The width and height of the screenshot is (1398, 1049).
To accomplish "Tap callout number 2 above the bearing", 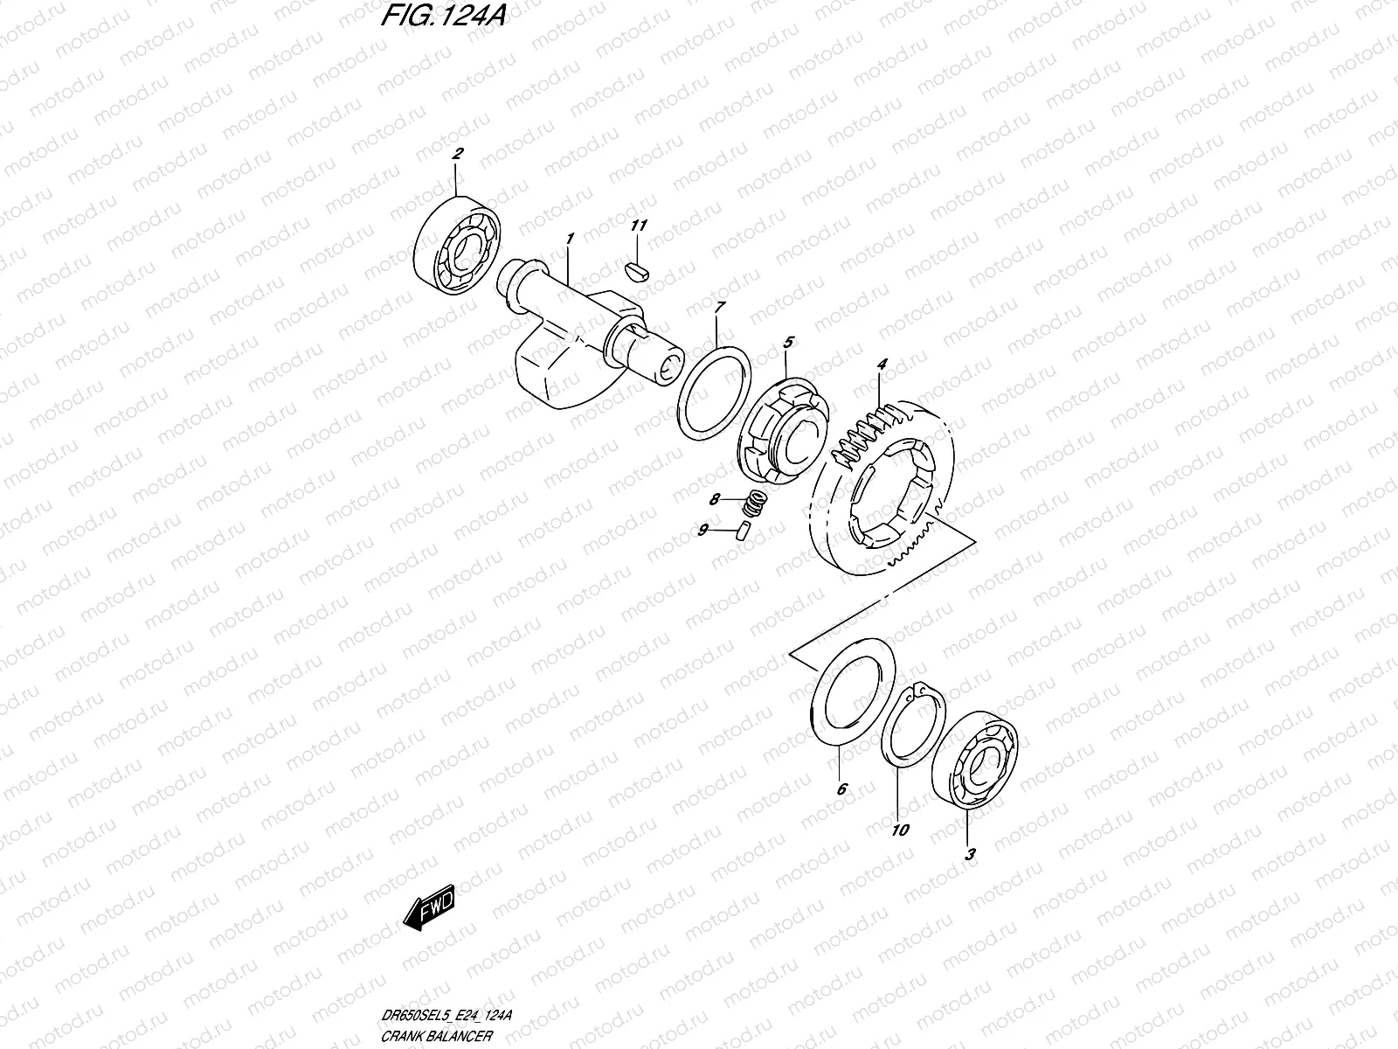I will pyautogui.click(x=457, y=154).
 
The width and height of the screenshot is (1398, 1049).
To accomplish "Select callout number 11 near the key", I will pyautogui.click(x=639, y=226).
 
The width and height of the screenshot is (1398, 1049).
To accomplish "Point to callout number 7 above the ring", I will pyautogui.click(x=719, y=308).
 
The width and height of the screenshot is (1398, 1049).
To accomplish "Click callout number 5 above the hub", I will pyautogui.click(x=787, y=342).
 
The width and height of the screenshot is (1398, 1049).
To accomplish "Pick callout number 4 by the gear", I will pyautogui.click(x=882, y=364).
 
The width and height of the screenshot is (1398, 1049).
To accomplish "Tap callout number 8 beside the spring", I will pyautogui.click(x=716, y=500).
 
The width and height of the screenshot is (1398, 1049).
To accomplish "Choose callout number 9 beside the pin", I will pyautogui.click(x=702, y=530).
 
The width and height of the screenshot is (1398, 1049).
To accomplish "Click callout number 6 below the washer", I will pyautogui.click(x=841, y=789).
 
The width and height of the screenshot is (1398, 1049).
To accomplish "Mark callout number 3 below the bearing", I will pyautogui.click(x=969, y=855).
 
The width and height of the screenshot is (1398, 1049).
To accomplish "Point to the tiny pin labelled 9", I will pyautogui.click(x=744, y=530).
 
